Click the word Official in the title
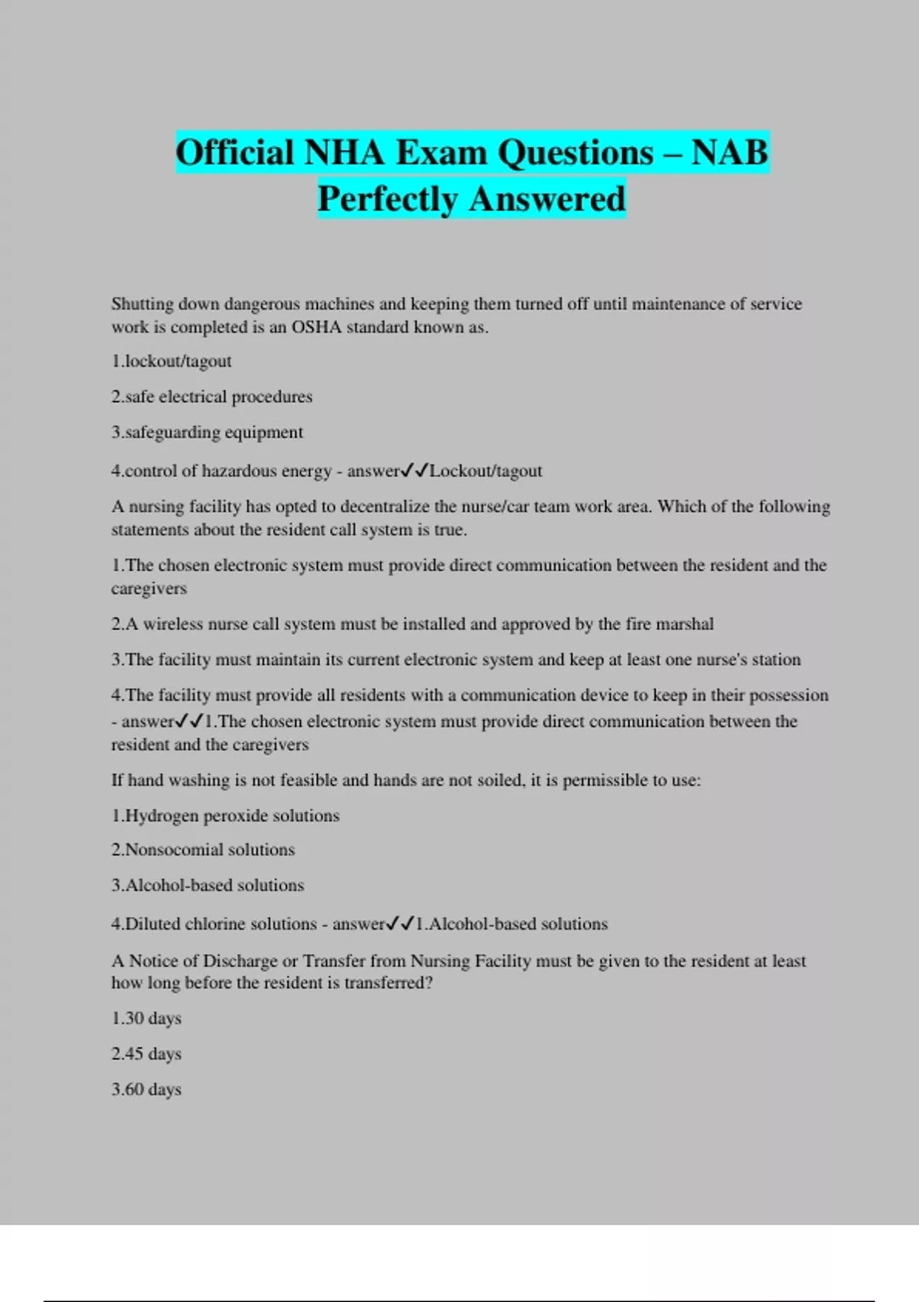coord(235,152)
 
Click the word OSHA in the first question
coord(316,328)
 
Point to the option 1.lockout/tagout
coord(171,361)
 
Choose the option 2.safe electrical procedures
coord(211,397)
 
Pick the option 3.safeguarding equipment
coord(207,433)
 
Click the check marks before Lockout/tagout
coord(414,470)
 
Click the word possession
coord(788,695)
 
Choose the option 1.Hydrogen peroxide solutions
coord(225,816)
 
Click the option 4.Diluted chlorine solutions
coord(214,924)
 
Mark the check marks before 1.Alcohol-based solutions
coord(401,924)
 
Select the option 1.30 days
coord(146,1019)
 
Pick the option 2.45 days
coord(146,1054)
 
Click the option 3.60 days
coord(146,1089)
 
